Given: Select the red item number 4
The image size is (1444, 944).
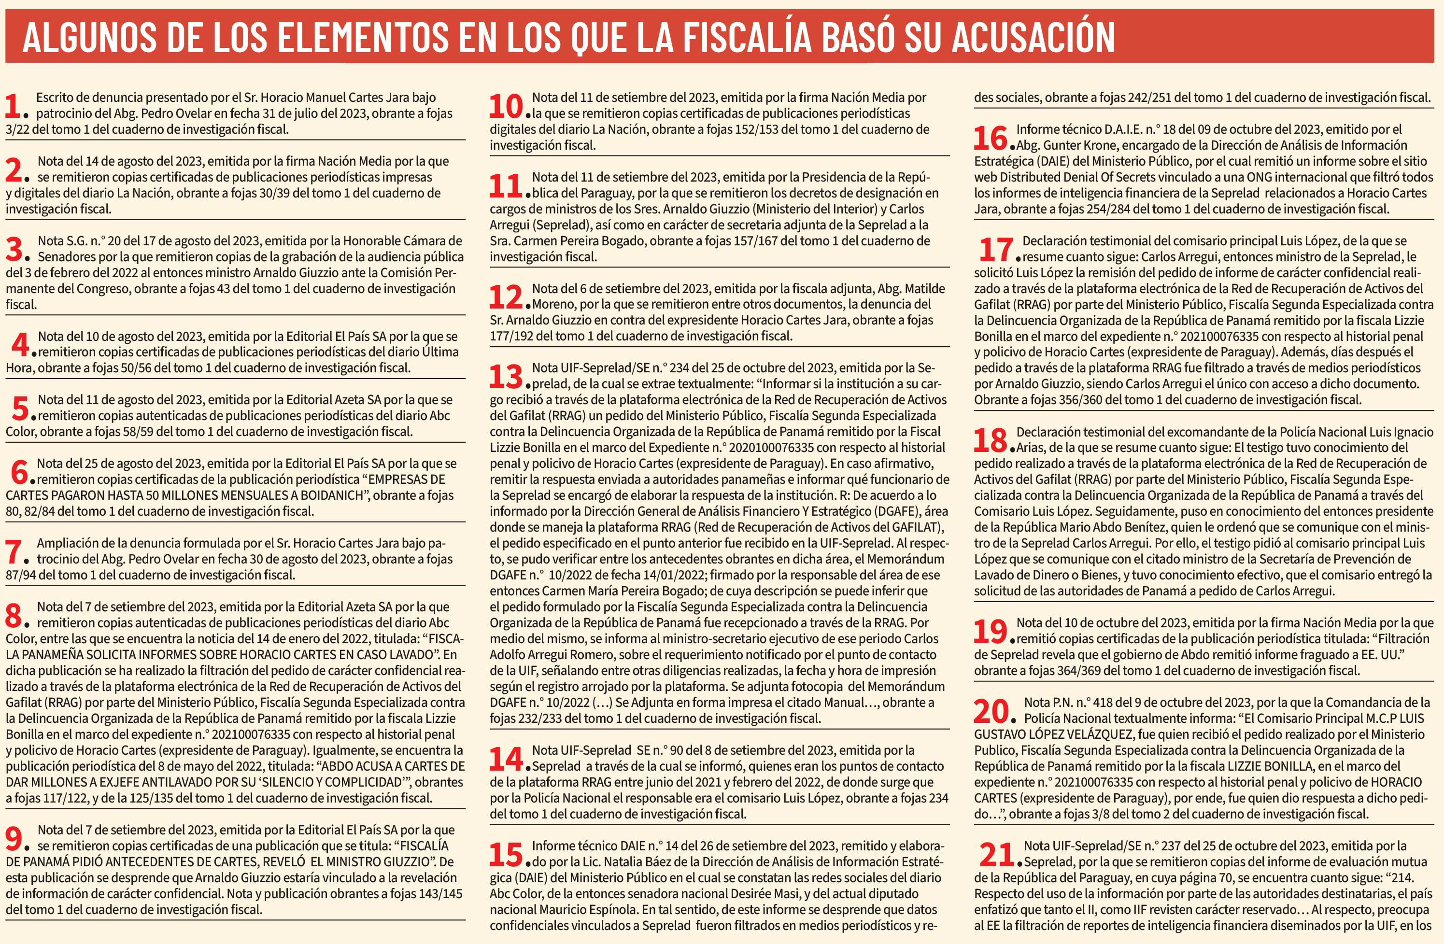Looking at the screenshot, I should pyautogui.click(x=20, y=345).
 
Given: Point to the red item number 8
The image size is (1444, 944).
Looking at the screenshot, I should pyautogui.click(x=14, y=616).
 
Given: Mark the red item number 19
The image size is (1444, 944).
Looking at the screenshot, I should pyautogui.click(x=990, y=632).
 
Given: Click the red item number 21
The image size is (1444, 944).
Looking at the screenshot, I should pyautogui.click(x=996, y=855).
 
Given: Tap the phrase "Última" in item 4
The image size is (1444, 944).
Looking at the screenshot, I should pyautogui.click(x=440, y=352).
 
